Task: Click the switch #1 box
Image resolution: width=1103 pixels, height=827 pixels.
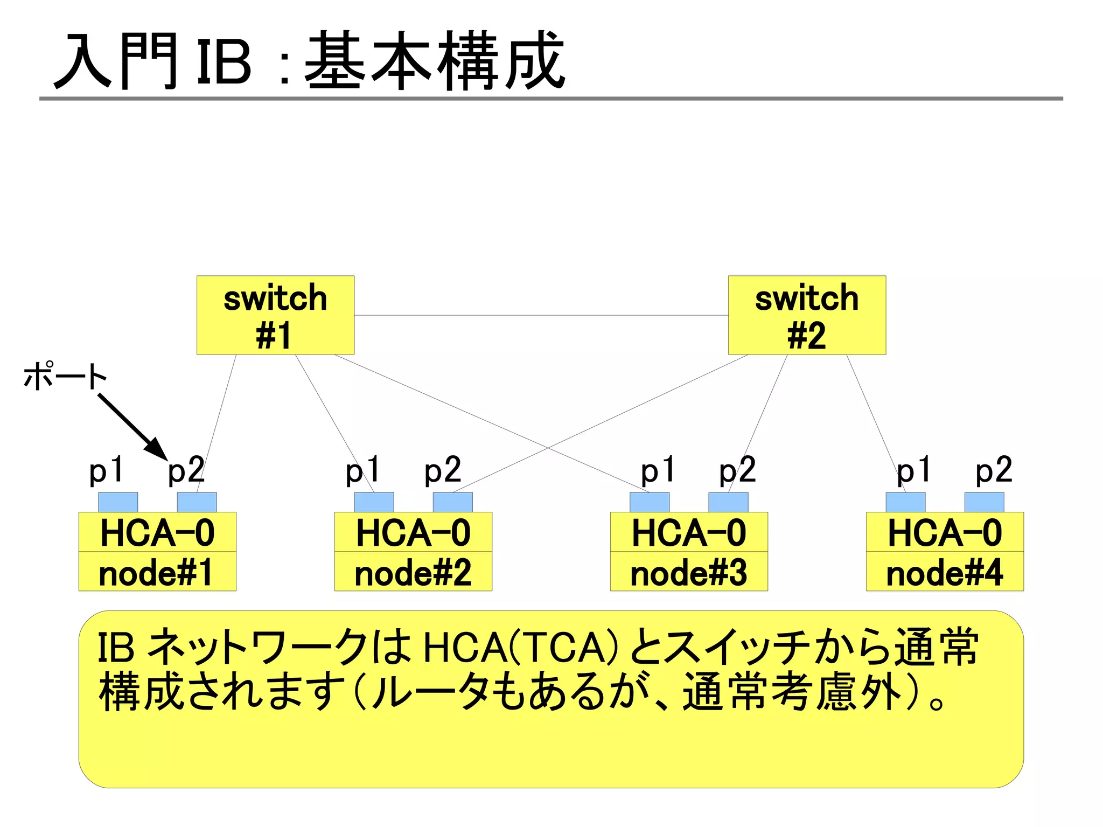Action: [x=275, y=315]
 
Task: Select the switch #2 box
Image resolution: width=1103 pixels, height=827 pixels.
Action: [x=807, y=315]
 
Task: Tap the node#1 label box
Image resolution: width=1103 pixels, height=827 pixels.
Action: [x=157, y=572]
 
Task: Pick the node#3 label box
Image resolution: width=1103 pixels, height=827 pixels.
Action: [x=689, y=572]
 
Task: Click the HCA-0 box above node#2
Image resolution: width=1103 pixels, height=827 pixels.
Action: [x=413, y=532]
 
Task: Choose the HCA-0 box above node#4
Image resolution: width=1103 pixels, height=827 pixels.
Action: [x=945, y=532]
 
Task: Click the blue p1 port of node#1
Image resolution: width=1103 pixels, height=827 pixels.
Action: [x=118, y=502]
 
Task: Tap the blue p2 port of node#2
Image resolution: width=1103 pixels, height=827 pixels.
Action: [x=452, y=502]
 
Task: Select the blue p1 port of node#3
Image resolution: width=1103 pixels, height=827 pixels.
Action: [x=650, y=502]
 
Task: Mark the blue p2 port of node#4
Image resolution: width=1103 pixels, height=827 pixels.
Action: [x=984, y=502]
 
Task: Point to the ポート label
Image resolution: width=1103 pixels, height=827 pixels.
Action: [x=65, y=376]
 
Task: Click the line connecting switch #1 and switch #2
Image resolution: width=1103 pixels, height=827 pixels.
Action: [x=541, y=315]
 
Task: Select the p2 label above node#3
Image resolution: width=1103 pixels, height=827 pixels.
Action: [x=737, y=470]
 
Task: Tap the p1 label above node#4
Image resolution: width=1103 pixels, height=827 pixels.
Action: [x=913, y=470]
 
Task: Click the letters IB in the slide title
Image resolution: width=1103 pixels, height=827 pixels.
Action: [x=224, y=64]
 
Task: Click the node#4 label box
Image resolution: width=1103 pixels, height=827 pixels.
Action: [x=945, y=572]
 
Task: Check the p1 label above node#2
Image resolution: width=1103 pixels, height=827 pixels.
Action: [x=362, y=470]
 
